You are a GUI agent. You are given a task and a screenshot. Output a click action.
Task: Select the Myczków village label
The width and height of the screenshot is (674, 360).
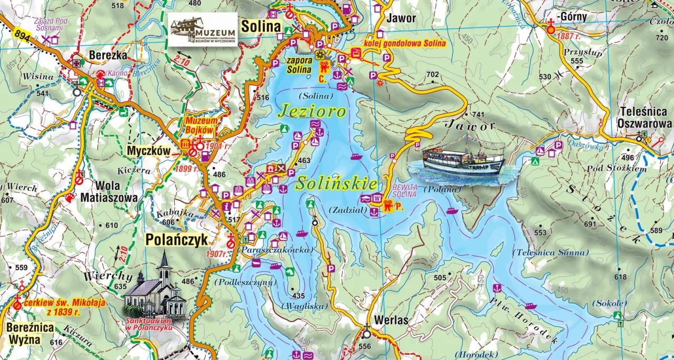(x=149, y=151)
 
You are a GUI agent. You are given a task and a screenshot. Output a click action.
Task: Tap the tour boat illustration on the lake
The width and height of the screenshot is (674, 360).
(x=463, y=158)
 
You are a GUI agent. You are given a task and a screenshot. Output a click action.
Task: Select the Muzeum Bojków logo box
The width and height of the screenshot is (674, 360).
(x=203, y=30)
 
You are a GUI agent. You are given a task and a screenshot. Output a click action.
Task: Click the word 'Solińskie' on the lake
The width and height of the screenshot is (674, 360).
(x=336, y=184)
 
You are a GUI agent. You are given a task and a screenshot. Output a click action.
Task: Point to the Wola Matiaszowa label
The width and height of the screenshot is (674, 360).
(x=109, y=192)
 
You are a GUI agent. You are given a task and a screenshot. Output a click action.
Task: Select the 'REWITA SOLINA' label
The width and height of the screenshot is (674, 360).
(x=404, y=191)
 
